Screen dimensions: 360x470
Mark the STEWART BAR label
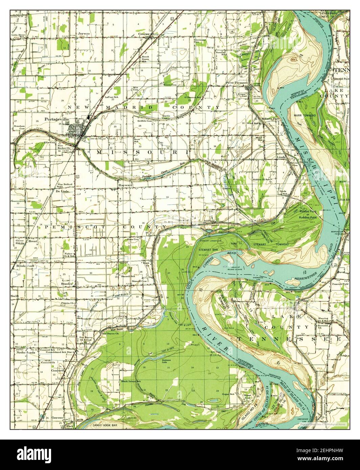click(x=207, y=250)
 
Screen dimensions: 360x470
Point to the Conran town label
click(x=143, y=34)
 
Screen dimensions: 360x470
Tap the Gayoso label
click(x=57, y=418)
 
